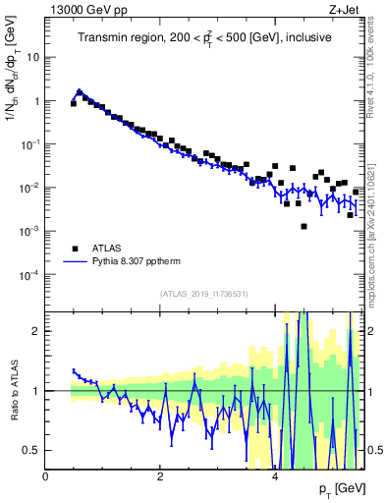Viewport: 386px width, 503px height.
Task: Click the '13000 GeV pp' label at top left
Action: [x=82, y=9]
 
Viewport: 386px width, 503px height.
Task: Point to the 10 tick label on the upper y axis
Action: [x=32, y=57]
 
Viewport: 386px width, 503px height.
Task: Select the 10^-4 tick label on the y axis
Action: [x=29, y=274]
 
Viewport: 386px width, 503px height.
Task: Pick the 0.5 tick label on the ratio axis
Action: [x=29, y=450]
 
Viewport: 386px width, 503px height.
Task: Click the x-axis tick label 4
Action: [x=274, y=477]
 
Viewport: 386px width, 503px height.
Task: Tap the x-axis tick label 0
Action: [x=45, y=477]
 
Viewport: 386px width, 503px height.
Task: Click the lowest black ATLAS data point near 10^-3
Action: [x=303, y=227]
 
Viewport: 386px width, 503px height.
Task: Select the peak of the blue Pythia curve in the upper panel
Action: [x=80, y=91]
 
